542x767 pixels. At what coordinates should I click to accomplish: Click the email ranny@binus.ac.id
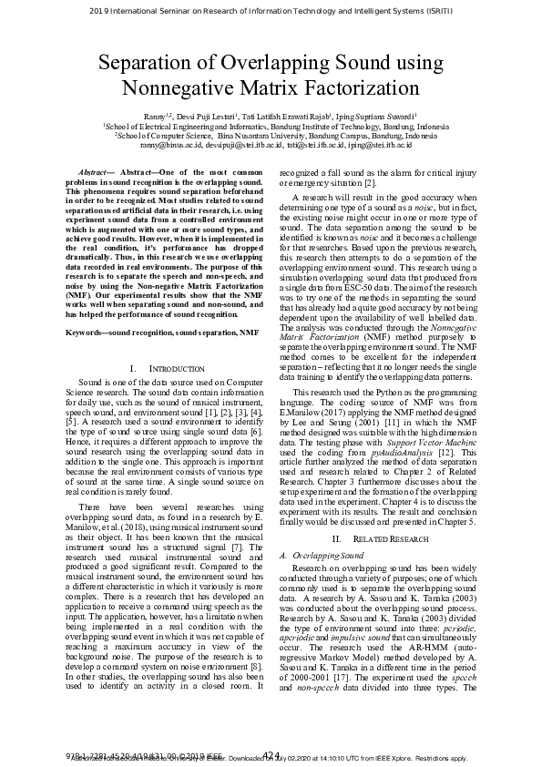pyautogui.click(x=170, y=146)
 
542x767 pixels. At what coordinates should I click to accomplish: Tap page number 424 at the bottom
pyautogui.click(x=271, y=753)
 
